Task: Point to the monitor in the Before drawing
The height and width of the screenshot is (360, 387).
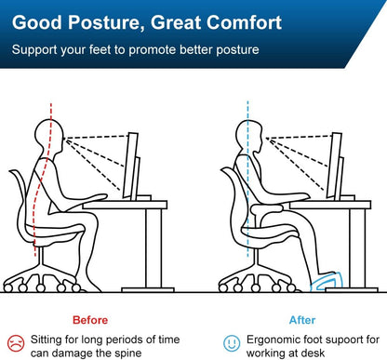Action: [x=129, y=167]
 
